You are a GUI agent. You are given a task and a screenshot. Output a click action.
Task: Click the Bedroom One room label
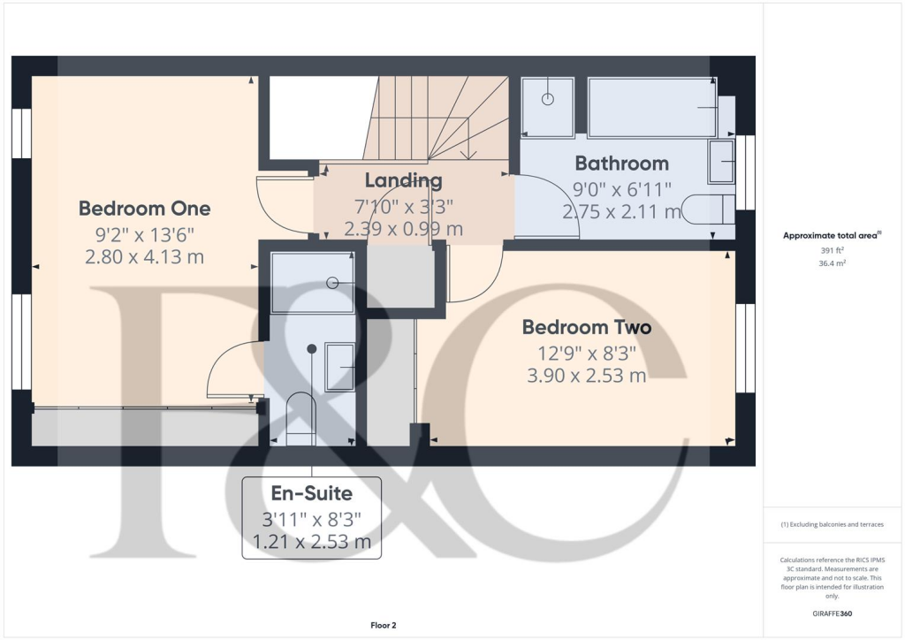[144, 209]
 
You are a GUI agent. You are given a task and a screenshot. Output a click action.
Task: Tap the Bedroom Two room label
[586, 327]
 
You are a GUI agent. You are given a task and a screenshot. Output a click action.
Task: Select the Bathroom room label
[621, 164]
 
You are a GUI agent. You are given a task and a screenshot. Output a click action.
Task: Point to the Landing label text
[403, 181]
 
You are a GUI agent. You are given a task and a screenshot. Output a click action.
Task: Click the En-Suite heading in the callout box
[311, 493]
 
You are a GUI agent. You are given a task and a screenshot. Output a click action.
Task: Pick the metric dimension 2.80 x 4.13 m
[144, 257]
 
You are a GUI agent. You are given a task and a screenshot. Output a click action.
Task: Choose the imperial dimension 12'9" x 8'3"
[586, 353]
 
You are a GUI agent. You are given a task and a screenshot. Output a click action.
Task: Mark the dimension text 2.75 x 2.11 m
[621, 212]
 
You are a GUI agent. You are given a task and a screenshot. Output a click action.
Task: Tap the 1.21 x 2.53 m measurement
[311, 541]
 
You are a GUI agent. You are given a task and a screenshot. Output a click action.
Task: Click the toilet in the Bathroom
[714, 209]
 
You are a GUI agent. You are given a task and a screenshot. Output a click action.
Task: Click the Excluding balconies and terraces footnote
[833, 524]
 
